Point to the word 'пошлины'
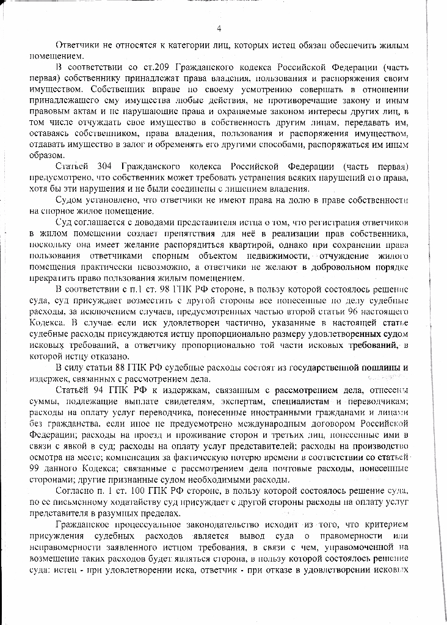385,367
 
